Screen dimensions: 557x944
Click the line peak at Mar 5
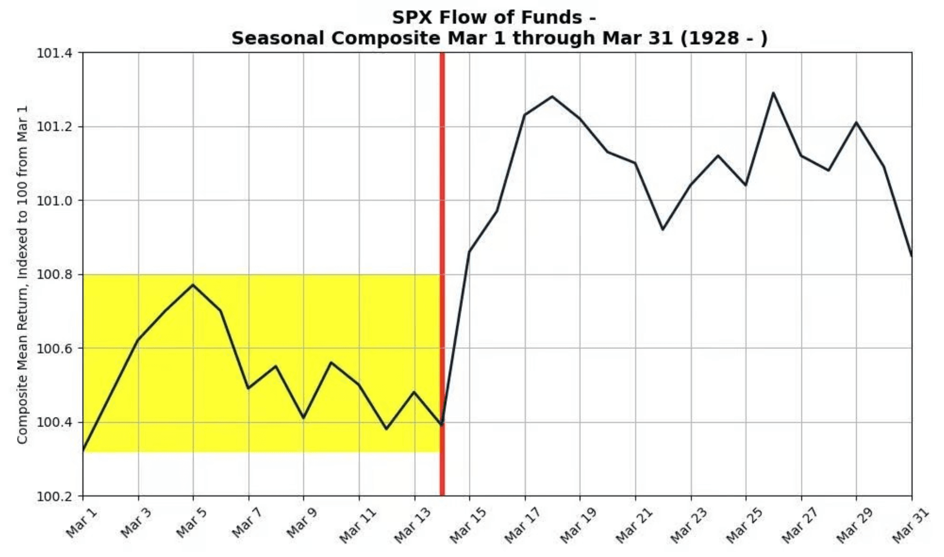click(x=193, y=285)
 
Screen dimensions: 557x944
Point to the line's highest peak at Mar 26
click(x=773, y=93)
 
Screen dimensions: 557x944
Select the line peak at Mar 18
click(x=552, y=96)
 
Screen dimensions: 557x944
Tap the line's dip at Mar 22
click(x=663, y=229)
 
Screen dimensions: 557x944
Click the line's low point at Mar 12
click(x=387, y=429)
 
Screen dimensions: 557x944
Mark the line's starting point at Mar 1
click(x=84, y=451)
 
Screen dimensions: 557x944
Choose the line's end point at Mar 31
click(x=911, y=256)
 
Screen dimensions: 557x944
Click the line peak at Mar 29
click(x=856, y=122)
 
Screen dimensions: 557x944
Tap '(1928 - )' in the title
click(x=724, y=38)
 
